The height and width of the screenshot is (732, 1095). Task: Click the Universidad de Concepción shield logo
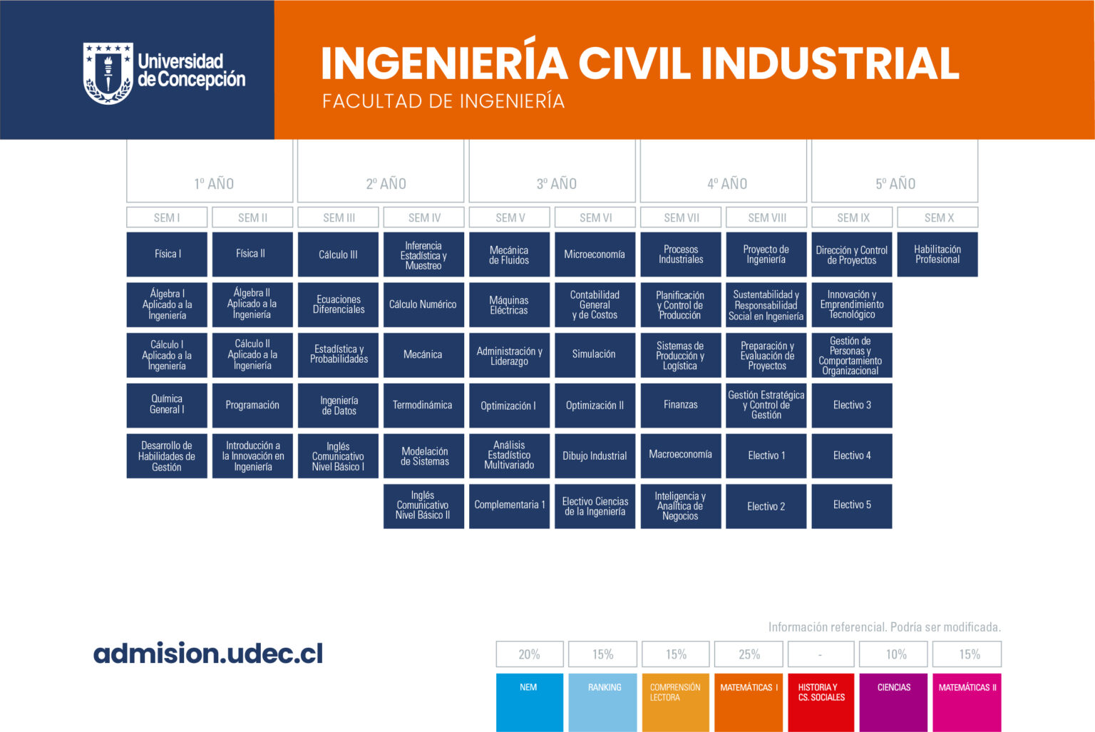point(108,73)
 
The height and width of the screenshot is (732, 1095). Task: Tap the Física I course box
point(167,254)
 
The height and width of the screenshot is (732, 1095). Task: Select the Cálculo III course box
point(338,254)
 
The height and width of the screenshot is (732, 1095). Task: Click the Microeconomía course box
point(595,254)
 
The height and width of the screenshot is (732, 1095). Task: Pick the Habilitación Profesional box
point(937,254)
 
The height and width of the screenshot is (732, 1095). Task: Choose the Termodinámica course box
point(423,405)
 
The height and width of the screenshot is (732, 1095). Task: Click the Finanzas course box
point(681,405)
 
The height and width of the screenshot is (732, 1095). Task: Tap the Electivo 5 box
point(852,506)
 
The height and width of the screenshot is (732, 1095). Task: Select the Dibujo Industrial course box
point(595,456)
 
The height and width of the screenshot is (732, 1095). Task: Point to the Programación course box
point(252,405)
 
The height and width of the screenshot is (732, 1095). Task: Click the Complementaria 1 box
point(510,506)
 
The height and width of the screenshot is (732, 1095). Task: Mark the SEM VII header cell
point(681,217)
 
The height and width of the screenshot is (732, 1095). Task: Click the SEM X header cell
point(937,217)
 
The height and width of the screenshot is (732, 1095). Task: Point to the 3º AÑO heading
point(556,184)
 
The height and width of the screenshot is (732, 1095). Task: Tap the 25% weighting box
point(749,654)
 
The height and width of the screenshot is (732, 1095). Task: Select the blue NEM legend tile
point(530,703)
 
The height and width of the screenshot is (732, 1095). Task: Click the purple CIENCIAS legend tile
point(893,703)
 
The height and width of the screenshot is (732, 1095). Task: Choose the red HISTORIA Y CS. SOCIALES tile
point(821,703)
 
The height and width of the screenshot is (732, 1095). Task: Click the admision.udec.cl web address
point(208,654)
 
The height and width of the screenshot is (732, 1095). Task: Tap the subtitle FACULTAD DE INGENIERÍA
point(443,101)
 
